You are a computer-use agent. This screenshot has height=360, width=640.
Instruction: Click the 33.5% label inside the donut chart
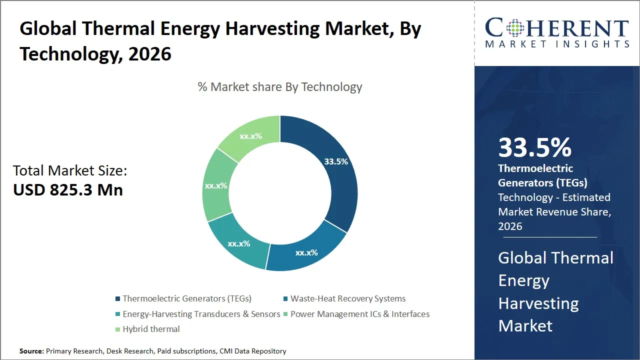[335, 161]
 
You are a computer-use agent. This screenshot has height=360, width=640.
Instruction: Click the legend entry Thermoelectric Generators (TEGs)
[186, 298]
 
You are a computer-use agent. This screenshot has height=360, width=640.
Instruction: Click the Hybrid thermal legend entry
[151, 329]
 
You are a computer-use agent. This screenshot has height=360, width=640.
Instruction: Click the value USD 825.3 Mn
[68, 189]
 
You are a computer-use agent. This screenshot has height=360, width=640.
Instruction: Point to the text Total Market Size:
[70, 171]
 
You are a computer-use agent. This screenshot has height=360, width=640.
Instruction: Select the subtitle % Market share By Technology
[279, 87]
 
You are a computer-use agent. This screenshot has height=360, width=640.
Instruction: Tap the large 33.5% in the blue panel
[534, 148]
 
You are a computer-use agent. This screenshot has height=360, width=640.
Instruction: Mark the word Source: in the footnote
[31, 351]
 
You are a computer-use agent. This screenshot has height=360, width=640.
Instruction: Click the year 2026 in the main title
[149, 53]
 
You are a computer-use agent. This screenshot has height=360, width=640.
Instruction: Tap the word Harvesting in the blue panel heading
[538, 303]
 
